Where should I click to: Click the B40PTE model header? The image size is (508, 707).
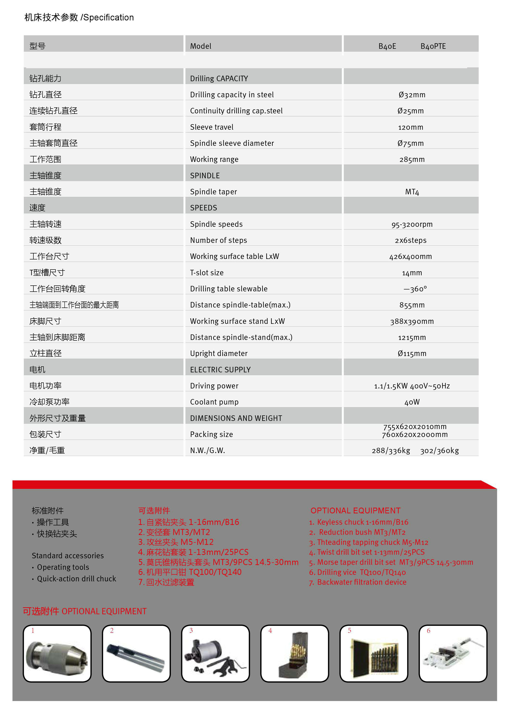click(x=433, y=46)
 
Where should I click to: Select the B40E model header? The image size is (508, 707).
click(x=387, y=46)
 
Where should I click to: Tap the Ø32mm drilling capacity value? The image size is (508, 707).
click(x=412, y=95)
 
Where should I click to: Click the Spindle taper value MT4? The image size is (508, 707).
click(x=412, y=192)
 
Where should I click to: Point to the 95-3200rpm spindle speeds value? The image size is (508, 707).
click(x=412, y=224)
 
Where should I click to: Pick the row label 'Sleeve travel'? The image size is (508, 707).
click(x=211, y=127)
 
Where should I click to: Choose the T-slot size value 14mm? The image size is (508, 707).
click(x=412, y=273)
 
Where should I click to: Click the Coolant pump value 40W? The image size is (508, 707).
click(x=412, y=402)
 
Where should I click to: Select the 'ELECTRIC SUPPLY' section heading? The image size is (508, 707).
click(x=220, y=370)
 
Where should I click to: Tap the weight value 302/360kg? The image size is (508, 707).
click(x=439, y=450)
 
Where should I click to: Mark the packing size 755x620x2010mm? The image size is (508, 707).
click(x=415, y=426)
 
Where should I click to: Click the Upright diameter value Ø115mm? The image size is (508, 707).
click(x=412, y=354)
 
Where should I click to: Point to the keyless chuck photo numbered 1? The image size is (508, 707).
click(x=57, y=653)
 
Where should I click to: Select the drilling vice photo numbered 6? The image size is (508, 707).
click(x=453, y=653)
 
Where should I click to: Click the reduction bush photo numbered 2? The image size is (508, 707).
click(x=136, y=653)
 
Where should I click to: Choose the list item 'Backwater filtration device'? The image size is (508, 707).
click(x=361, y=582)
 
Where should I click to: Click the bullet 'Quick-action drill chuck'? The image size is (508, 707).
click(x=76, y=578)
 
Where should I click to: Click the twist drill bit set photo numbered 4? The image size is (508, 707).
click(x=294, y=653)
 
